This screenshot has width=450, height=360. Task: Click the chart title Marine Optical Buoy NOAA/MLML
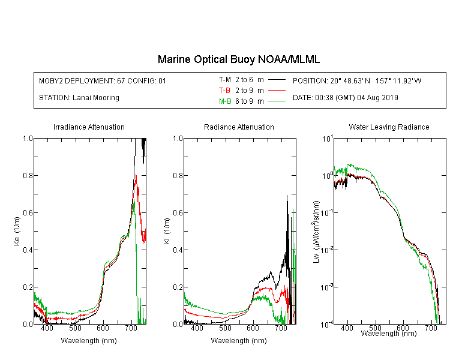click(238, 59)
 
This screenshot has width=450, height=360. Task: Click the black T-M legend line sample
click(277, 80)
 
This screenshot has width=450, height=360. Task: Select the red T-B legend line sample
click(277, 91)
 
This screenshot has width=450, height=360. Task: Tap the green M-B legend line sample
click(277, 101)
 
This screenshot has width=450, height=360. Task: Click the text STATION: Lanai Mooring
click(79, 98)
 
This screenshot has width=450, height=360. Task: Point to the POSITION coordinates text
click(357, 80)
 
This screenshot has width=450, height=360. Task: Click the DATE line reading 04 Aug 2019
click(345, 98)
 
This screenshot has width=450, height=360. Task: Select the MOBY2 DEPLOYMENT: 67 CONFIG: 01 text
click(103, 80)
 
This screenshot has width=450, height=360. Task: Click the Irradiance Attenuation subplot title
click(89, 127)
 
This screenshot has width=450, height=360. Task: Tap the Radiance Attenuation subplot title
click(239, 127)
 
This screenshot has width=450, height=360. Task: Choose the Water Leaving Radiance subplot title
click(389, 127)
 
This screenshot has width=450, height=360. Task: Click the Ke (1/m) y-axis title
click(17, 231)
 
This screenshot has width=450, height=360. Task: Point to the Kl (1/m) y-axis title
click(167, 232)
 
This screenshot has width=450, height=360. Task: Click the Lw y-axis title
click(316, 232)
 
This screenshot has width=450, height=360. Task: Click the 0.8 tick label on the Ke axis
click(28, 175)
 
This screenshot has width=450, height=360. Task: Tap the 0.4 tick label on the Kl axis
click(178, 250)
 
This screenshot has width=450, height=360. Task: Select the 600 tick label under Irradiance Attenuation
click(103, 328)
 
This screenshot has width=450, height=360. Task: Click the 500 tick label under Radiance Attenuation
click(225, 328)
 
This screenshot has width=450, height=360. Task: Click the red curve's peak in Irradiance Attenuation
click(136, 175)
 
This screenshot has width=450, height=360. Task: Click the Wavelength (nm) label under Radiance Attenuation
click(239, 341)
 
